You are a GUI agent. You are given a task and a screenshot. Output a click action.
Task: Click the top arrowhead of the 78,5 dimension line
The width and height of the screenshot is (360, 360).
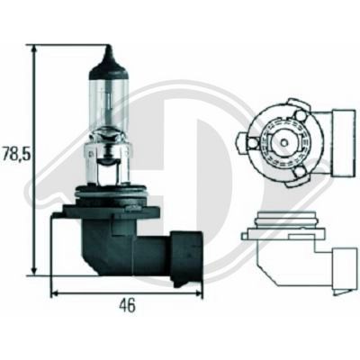coord(33,48)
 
